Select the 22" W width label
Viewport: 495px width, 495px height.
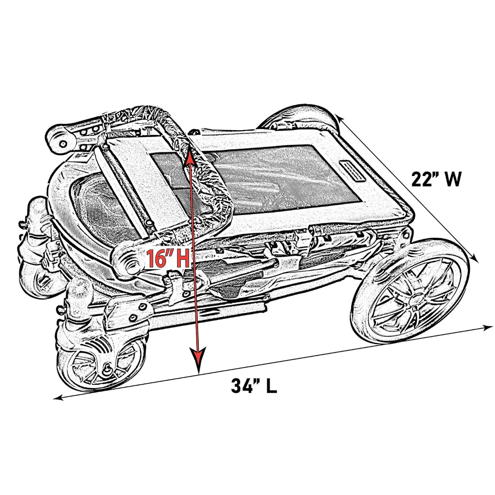coord(437,179)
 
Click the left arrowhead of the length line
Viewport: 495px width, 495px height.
coord(58,398)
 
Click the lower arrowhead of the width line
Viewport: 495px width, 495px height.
coord(475,259)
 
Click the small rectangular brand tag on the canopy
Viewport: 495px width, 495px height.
coord(353,172)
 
